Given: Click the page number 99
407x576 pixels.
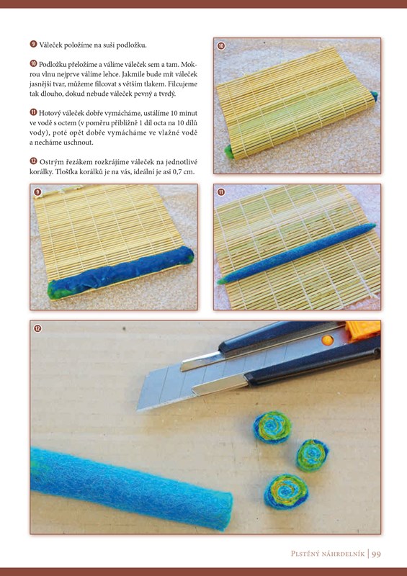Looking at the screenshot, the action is pyautogui.click(x=376, y=553).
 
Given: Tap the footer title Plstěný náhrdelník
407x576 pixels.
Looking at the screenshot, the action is pyautogui.click(x=328, y=553).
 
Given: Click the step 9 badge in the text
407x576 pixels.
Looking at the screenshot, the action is pyautogui.click(x=33, y=45).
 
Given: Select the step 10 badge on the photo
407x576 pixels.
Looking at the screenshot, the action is pyautogui.click(x=221, y=46).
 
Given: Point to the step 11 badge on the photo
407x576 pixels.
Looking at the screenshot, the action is pyautogui.click(x=221, y=192).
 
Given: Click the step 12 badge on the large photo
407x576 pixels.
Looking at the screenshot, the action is pyautogui.click(x=37, y=328).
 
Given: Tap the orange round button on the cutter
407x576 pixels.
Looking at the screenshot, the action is pyautogui.click(x=327, y=341).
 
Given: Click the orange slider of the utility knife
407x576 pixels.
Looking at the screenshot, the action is pyautogui.click(x=363, y=330).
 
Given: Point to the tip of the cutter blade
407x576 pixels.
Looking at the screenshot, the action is pyautogui.click(x=137, y=409).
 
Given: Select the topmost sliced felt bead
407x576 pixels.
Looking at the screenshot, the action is pyautogui.click(x=272, y=427).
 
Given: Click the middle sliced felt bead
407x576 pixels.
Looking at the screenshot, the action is pyautogui.click(x=312, y=456).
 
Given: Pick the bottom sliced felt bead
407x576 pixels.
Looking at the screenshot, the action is pyautogui.click(x=287, y=491).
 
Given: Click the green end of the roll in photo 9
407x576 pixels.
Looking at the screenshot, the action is pyautogui.click(x=54, y=289).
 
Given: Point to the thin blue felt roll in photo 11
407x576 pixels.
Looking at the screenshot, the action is pyautogui.click(x=296, y=253).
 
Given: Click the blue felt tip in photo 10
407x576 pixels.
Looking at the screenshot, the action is pyautogui.click(x=375, y=96).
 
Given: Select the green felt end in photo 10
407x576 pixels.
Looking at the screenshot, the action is pyautogui.click(x=229, y=152).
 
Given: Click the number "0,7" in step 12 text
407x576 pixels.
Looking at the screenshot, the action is pyautogui.click(x=178, y=171).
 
